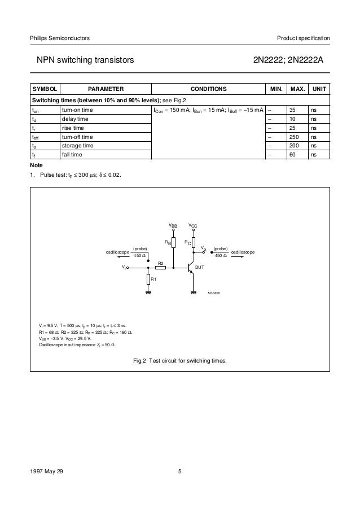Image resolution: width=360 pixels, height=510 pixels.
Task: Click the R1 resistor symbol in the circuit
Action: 148,279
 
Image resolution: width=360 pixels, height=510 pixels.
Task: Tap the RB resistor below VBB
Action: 173,243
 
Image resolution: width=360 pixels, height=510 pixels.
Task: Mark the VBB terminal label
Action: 173,225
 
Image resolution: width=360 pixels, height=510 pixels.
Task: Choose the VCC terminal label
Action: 193,225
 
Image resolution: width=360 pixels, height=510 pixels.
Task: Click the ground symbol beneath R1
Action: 148,293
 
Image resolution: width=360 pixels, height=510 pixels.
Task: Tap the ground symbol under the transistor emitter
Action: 194,293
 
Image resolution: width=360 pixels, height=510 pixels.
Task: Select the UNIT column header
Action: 320,89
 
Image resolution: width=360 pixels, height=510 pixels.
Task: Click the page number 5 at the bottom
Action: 179,472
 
